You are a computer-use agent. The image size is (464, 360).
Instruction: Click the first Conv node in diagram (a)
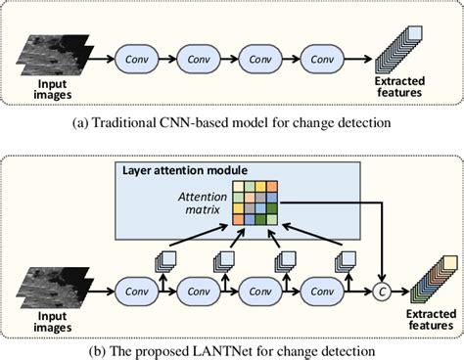coord(136,60)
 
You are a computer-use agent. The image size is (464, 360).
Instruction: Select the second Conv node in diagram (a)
coord(199,60)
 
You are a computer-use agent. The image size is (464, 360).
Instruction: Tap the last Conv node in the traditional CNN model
coord(323,60)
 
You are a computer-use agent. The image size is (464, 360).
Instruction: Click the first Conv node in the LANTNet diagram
coord(136,291)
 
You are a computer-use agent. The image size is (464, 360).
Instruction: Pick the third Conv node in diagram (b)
coord(260,291)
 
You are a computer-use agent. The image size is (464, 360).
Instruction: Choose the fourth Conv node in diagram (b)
coord(323,291)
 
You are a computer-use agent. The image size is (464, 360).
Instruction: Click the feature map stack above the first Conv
coord(167,260)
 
